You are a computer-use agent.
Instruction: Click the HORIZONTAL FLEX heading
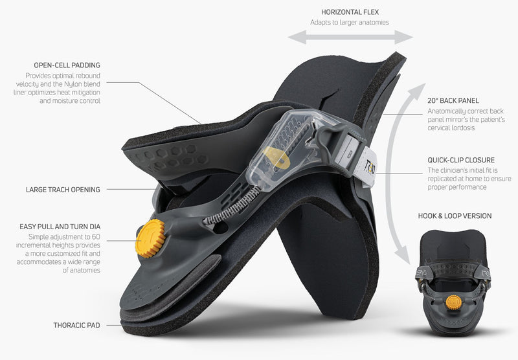350,12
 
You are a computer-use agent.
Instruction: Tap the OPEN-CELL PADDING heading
67,65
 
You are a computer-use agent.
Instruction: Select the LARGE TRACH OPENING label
63,190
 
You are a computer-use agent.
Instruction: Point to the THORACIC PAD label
76,325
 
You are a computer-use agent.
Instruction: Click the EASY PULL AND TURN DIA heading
60,227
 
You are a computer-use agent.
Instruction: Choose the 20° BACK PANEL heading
453,101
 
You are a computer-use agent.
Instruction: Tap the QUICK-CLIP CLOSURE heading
461,160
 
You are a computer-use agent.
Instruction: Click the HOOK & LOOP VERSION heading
455,216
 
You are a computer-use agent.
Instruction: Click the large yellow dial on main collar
151,238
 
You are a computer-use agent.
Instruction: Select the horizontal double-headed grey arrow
350,37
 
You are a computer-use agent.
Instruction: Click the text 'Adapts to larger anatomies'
350,23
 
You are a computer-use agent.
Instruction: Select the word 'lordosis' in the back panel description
451,128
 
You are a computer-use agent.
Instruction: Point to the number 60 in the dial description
96,237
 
